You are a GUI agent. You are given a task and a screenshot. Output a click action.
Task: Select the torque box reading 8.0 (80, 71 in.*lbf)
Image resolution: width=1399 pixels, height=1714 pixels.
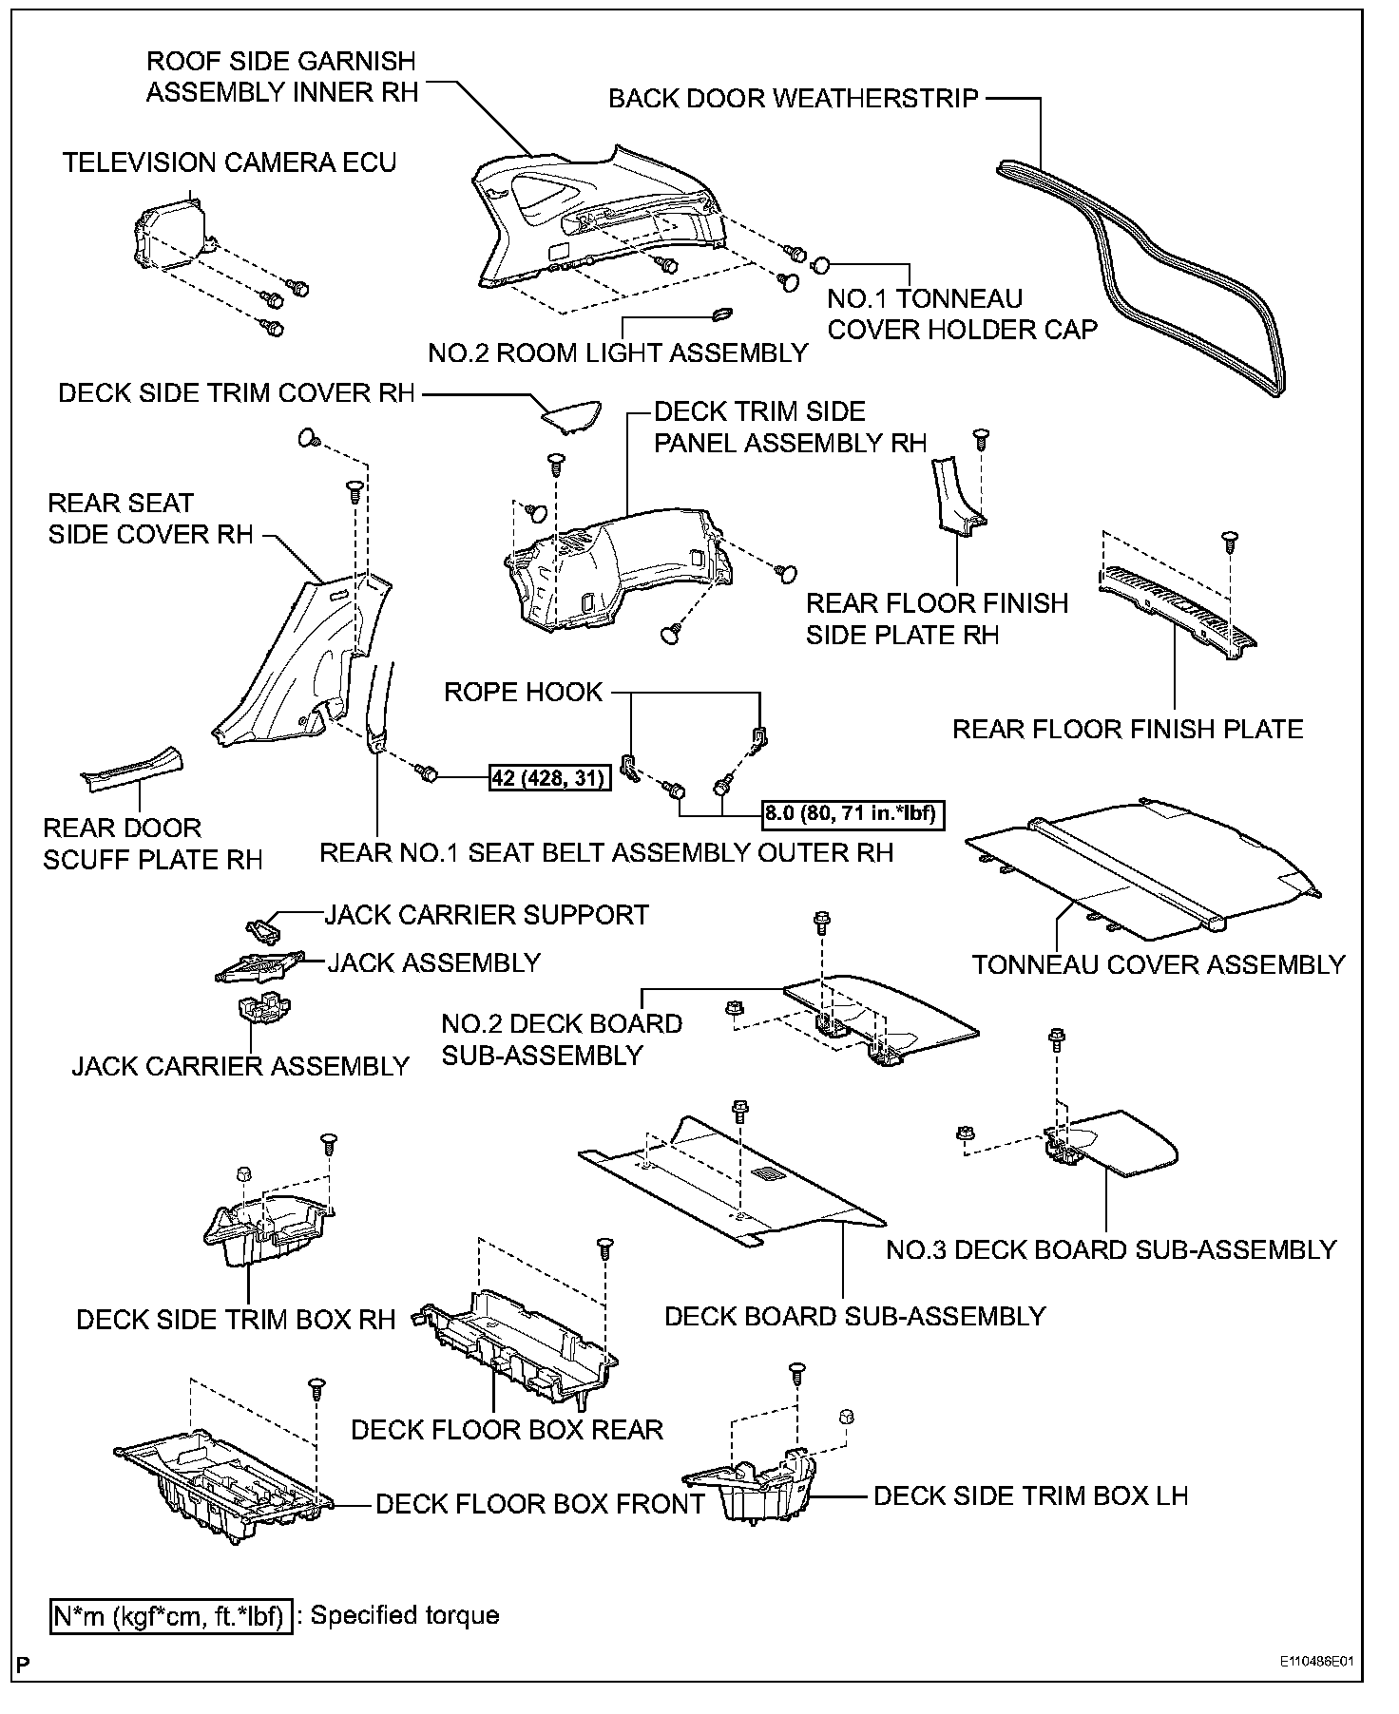(x=853, y=813)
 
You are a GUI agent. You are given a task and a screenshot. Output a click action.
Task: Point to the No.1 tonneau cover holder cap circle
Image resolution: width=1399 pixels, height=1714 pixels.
(x=822, y=263)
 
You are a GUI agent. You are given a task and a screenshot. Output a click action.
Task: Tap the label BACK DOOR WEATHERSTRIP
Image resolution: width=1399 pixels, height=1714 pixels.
(x=793, y=98)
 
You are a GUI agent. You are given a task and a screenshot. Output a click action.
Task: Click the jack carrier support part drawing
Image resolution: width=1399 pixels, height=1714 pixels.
(x=265, y=924)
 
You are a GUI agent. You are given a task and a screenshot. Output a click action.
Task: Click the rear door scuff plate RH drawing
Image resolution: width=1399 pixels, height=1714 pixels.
(x=132, y=767)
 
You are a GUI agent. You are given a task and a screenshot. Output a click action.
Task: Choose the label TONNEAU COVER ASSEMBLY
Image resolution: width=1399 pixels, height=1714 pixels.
(x=1159, y=964)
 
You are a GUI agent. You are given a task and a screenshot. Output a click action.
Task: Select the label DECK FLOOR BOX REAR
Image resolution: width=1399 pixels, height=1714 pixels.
(x=507, y=1430)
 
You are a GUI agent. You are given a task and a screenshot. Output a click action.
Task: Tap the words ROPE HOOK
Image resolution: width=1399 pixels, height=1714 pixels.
(x=523, y=692)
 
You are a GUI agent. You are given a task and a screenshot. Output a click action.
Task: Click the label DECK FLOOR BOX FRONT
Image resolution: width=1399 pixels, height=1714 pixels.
(x=540, y=1504)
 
